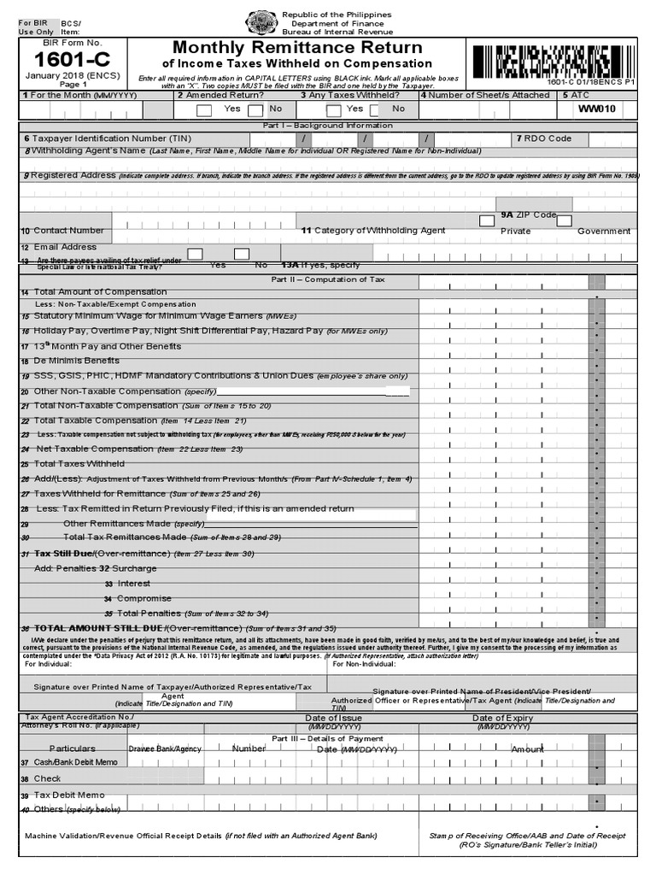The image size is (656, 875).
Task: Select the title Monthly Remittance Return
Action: point(297,47)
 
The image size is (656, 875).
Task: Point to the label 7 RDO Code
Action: point(543,138)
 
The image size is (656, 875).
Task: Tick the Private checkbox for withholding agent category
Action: point(487,220)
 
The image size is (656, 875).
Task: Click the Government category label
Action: point(603,231)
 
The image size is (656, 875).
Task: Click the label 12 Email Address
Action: point(59,247)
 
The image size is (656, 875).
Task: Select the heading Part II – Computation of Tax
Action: point(327,279)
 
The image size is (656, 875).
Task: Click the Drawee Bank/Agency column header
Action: point(165,749)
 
